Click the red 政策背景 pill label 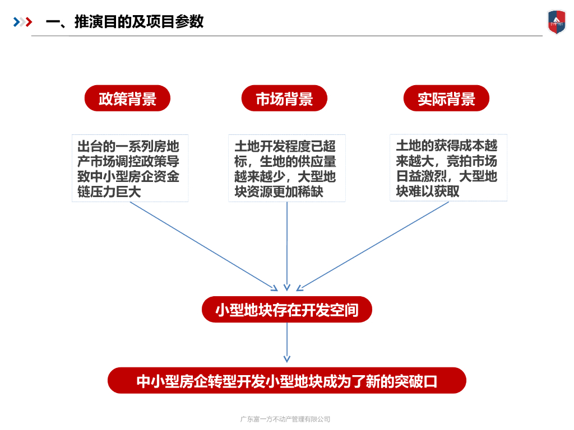click(x=127, y=99)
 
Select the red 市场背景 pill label click(x=284, y=99)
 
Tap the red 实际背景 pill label click(x=446, y=99)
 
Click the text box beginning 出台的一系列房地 click(x=130, y=168)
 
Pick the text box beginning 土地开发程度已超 click(x=286, y=168)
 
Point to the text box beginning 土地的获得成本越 click(x=448, y=167)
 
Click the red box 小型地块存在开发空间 click(x=286, y=309)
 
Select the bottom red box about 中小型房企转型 click(x=286, y=381)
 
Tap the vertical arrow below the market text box click(x=287, y=246)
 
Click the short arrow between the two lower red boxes click(x=287, y=343)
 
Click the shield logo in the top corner click(x=557, y=22)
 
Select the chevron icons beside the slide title click(x=22, y=22)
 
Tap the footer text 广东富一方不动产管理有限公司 click(x=285, y=419)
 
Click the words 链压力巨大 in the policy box click(x=109, y=191)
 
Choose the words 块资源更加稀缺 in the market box click(x=279, y=191)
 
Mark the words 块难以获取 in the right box click(x=428, y=191)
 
